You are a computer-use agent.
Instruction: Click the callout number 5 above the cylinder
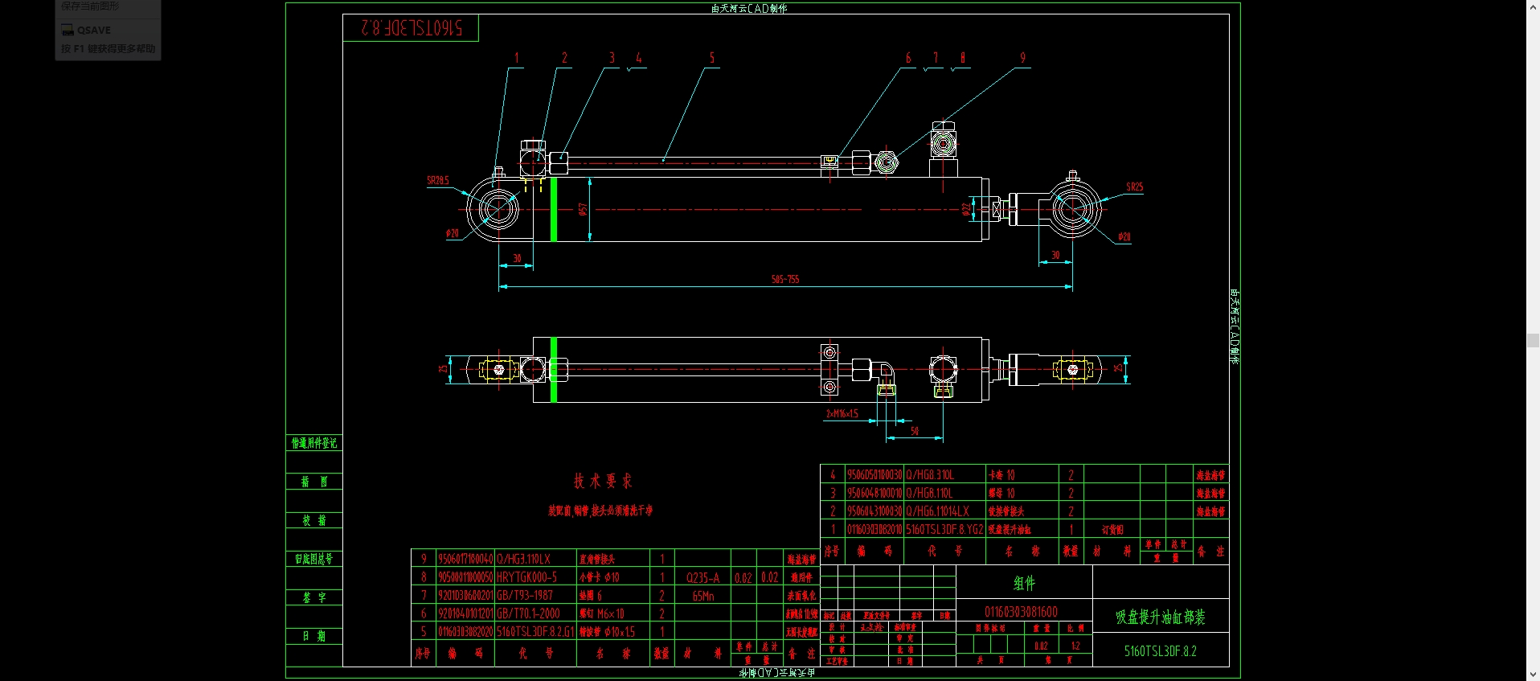click(711, 58)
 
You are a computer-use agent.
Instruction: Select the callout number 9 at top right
click(1022, 58)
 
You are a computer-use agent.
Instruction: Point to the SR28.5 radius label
click(438, 181)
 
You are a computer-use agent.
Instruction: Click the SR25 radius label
click(1134, 187)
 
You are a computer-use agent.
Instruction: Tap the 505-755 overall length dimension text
click(785, 279)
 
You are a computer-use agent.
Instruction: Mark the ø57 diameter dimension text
click(583, 209)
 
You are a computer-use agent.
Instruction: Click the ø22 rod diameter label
click(966, 209)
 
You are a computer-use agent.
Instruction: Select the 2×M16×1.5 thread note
click(842, 414)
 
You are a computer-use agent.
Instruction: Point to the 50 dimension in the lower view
click(914, 432)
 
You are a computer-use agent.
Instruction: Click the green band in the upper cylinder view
click(554, 209)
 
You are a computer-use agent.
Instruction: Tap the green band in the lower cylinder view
click(554, 370)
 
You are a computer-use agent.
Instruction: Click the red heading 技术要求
click(603, 481)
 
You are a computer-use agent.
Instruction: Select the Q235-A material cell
click(702, 577)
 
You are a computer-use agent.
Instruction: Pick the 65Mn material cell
click(702, 596)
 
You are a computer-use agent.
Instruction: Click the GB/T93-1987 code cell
click(525, 596)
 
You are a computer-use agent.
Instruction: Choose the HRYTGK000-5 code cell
click(526, 577)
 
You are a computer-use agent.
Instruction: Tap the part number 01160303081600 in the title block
click(1021, 612)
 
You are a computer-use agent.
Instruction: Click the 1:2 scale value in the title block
click(1075, 646)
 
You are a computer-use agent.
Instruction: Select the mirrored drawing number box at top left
click(411, 28)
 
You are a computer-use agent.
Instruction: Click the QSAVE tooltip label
click(94, 31)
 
